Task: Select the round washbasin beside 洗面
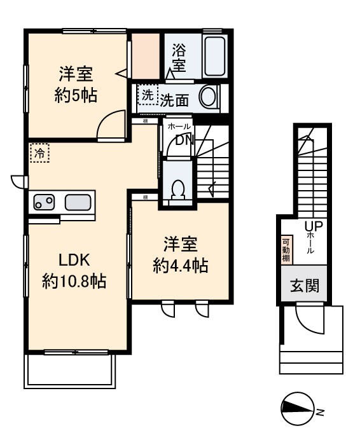coord(208,98)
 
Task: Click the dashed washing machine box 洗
coord(147,96)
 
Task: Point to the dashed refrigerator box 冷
coord(39,153)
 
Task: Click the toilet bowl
coord(178,189)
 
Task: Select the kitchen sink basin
coord(78,203)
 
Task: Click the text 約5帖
coord(77,97)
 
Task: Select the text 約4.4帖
coord(181,265)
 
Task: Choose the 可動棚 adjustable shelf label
coord(286,250)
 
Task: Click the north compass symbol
coord(298,408)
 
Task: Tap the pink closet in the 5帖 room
coord(145,57)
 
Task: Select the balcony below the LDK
coord(70,370)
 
